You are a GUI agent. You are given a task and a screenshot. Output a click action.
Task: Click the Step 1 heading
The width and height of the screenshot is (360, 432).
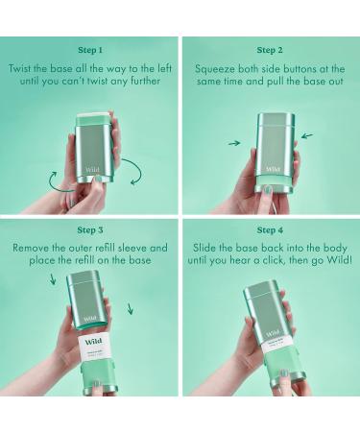pyautogui.click(x=90, y=50)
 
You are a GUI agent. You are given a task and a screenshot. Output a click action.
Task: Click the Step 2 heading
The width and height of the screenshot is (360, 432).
pyautogui.click(x=270, y=50)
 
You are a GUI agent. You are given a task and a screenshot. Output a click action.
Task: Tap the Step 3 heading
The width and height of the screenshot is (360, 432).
pyautogui.click(x=90, y=230)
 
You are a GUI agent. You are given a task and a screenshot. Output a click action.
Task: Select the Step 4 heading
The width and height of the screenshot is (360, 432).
pyautogui.click(x=270, y=230)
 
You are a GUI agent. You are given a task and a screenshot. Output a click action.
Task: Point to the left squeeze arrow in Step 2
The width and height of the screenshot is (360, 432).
pyautogui.click(x=234, y=143)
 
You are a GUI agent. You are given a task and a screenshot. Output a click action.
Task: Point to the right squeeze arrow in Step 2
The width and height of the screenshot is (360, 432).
pyautogui.click(x=307, y=136)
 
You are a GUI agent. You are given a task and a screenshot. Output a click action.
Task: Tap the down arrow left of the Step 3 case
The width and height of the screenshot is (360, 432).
pyautogui.click(x=53, y=278)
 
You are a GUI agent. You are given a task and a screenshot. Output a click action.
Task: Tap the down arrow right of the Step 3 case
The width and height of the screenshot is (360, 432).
pyautogui.click(x=130, y=309)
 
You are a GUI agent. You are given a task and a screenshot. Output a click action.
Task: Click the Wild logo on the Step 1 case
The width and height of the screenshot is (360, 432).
pyautogui.click(x=92, y=170)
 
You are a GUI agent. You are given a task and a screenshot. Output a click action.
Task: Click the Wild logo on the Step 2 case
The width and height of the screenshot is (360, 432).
pyautogui.click(x=273, y=169)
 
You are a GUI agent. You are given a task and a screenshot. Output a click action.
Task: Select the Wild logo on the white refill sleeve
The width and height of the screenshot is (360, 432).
pyautogui.click(x=93, y=342)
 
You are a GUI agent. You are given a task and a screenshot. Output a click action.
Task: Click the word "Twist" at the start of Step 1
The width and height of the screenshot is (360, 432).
pyautogui.click(x=20, y=68)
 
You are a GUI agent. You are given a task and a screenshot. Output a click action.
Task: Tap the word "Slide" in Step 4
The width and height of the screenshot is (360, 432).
pyautogui.click(x=204, y=248)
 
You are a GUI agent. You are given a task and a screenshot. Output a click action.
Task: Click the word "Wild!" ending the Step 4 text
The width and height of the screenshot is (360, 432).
pyautogui.click(x=340, y=260)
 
